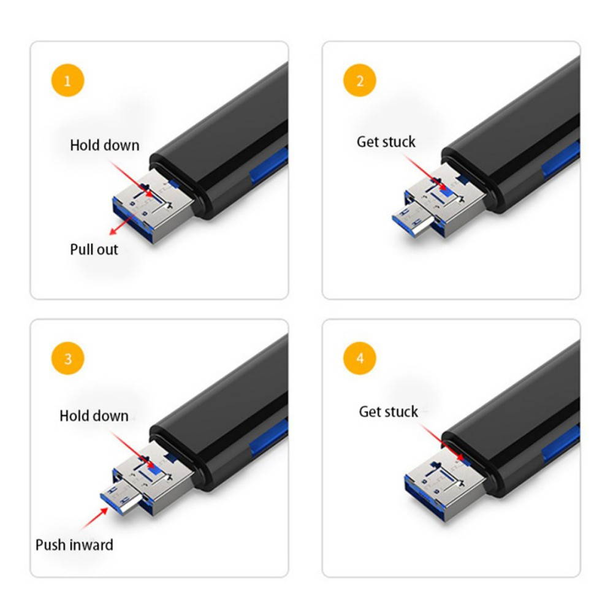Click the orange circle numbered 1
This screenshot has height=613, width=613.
pos(67,81)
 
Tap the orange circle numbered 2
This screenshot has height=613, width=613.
pos(360,81)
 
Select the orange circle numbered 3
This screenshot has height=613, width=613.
pos(67,359)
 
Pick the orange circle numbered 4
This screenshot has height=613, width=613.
pos(360,359)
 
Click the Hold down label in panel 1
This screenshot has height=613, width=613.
pos(104,145)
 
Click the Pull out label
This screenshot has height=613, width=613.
pos(94,249)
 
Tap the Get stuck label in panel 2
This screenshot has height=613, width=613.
pos(386,142)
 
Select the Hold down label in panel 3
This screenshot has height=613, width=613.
pos(94,416)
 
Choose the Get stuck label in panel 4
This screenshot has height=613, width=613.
pos(389,411)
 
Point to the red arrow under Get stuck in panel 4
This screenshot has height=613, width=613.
pos(445,441)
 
